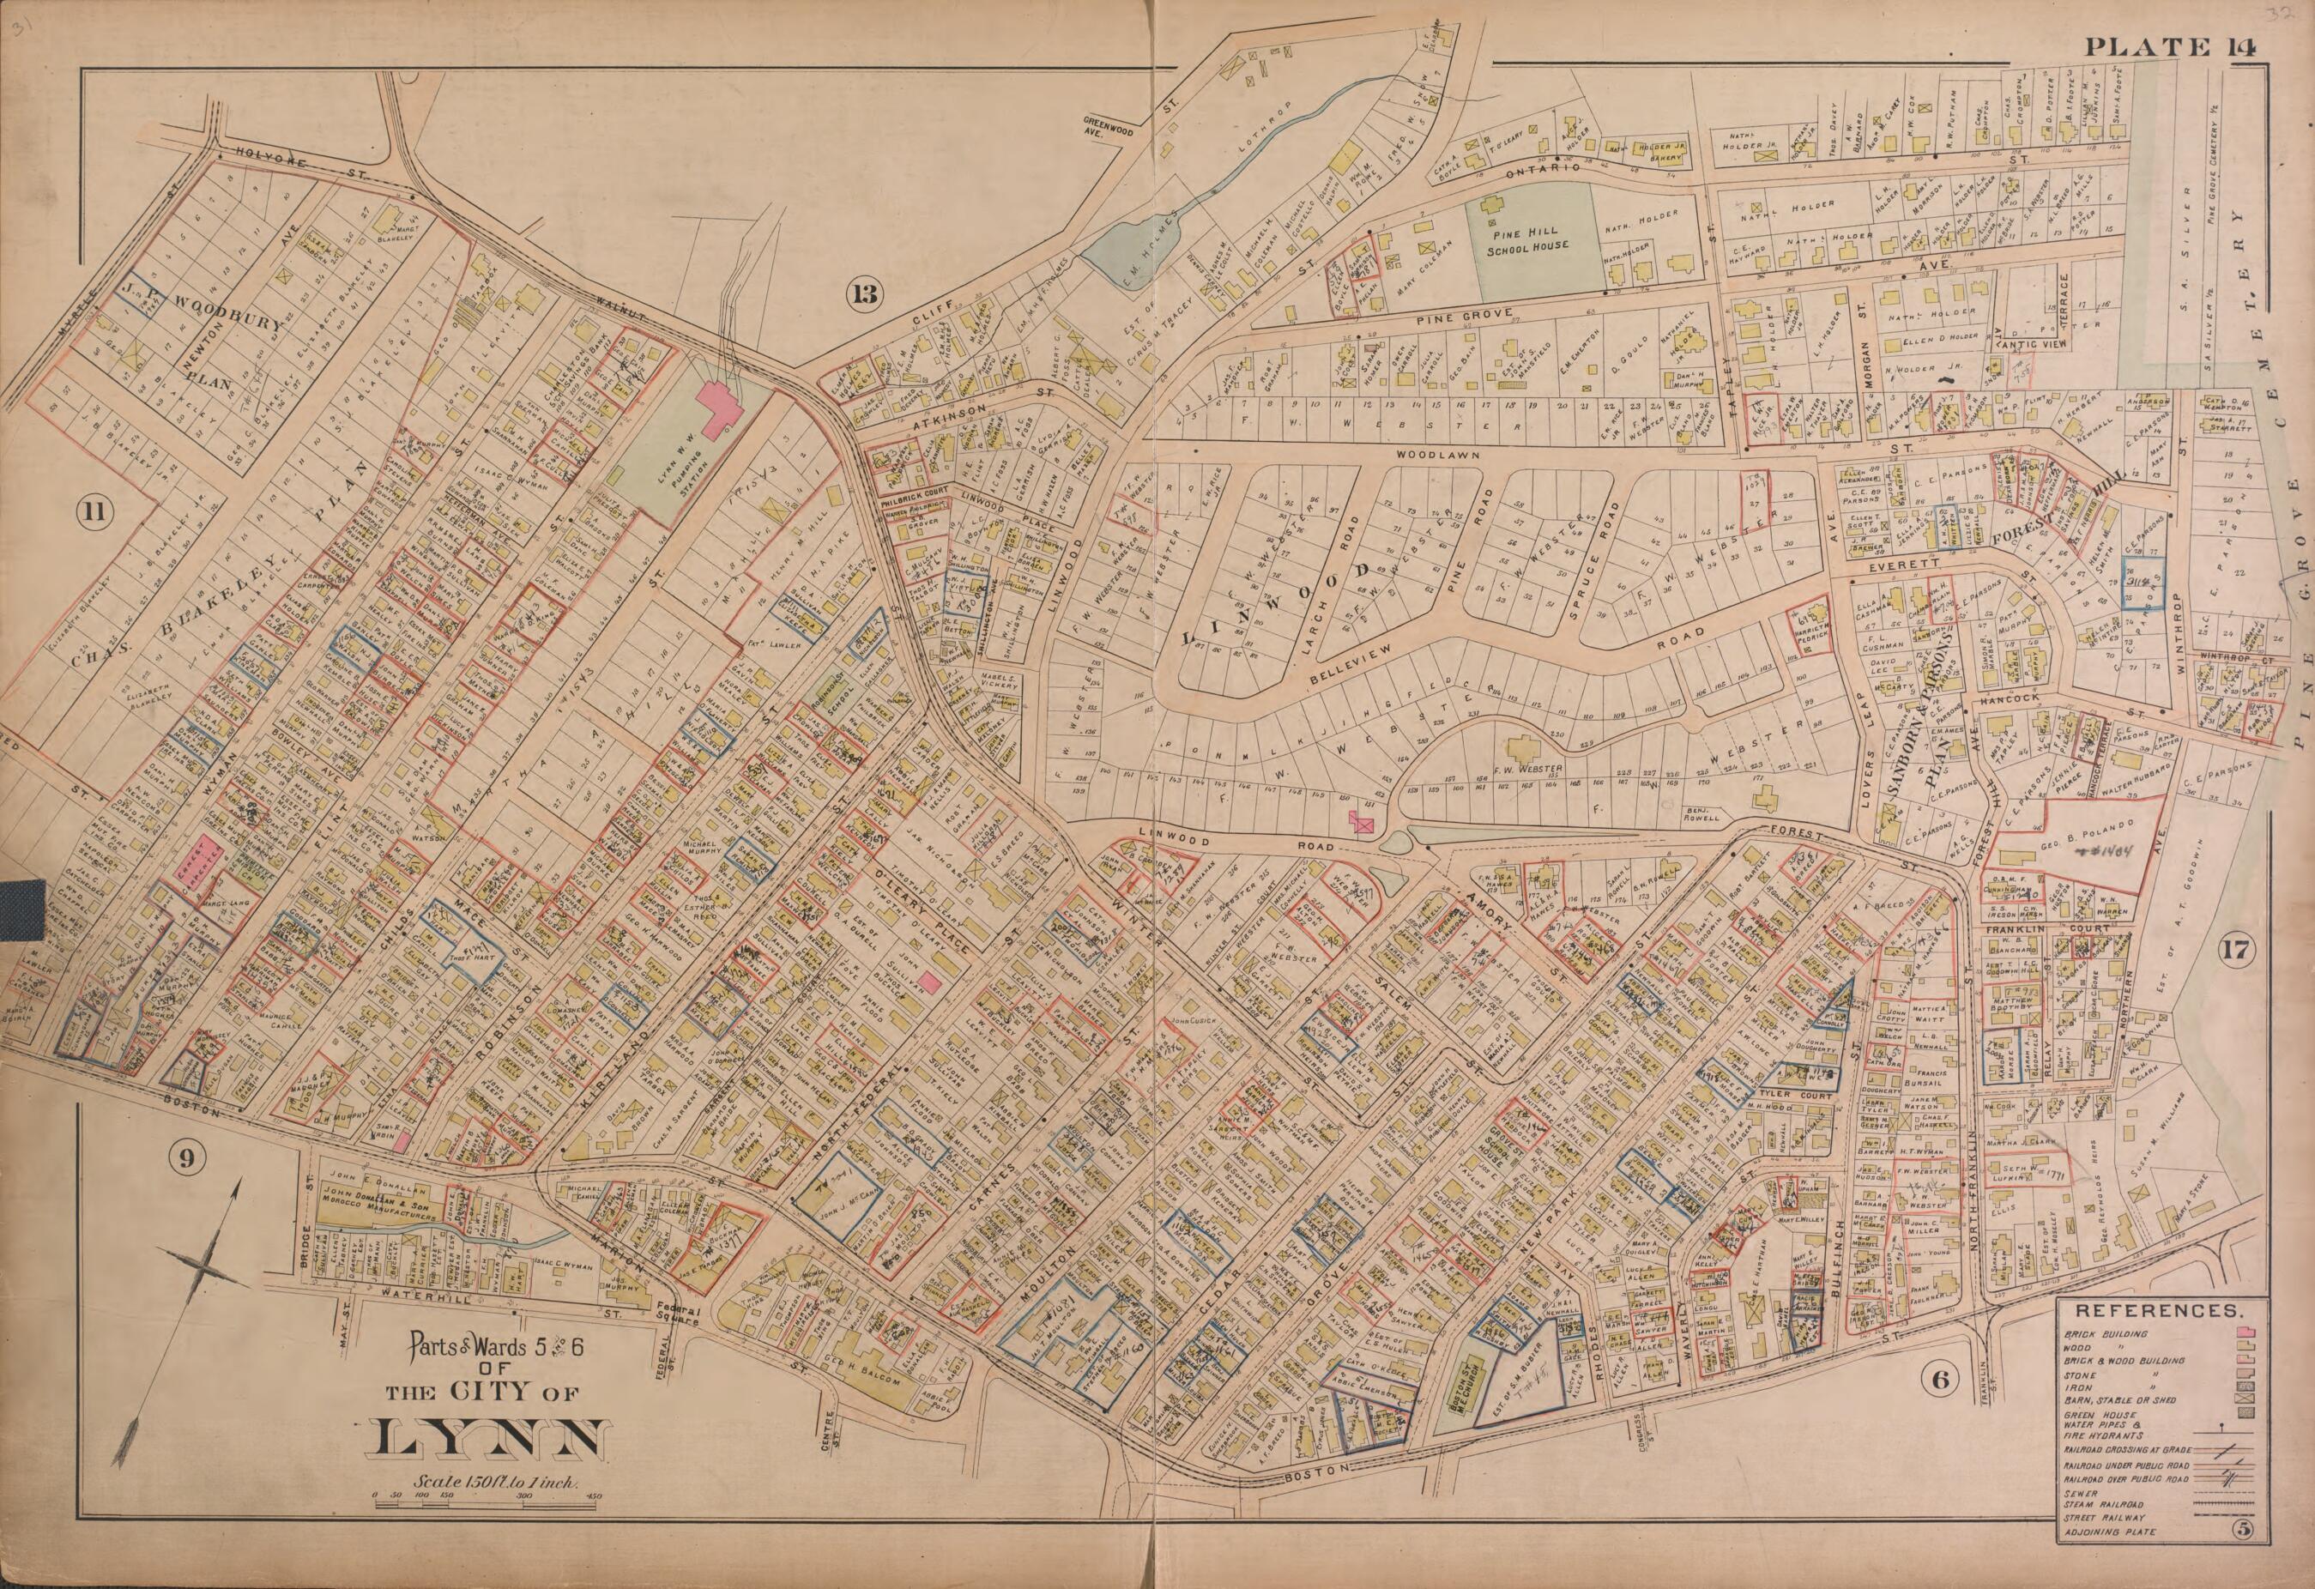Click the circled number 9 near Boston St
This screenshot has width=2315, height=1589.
coord(190,1157)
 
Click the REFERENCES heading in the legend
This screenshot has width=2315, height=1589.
coord(2158,1312)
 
